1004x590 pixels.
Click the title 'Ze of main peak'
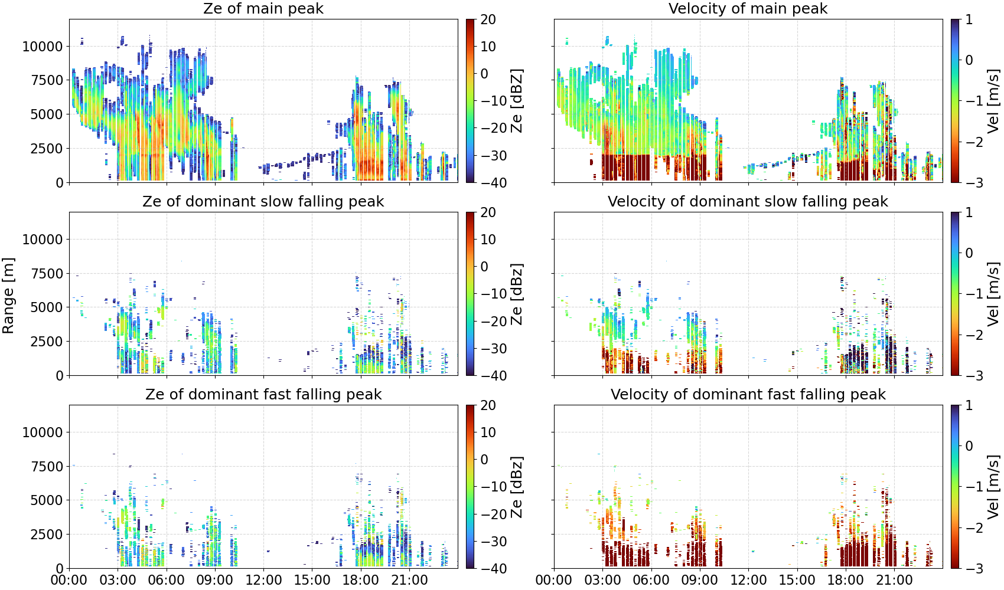click(263, 8)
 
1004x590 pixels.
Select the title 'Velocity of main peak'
click(748, 8)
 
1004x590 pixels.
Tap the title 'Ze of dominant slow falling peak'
click(263, 201)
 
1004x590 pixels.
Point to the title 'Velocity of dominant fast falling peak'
click(748, 394)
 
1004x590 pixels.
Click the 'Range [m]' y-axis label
click(8, 296)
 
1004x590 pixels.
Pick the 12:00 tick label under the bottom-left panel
click(263, 580)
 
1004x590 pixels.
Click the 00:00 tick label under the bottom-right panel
click(554, 580)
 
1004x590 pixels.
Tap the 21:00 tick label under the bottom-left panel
click(409, 580)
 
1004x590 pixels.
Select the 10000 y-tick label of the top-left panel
click(43, 47)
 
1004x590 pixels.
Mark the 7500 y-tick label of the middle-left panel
click(47, 274)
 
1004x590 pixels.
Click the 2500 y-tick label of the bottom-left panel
click(47, 534)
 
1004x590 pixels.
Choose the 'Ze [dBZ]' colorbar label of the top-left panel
click(517, 101)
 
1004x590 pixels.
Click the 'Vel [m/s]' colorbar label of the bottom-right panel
click(993, 487)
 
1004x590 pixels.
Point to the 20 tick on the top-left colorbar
click(488, 19)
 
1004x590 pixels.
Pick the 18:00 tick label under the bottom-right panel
click(845, 580)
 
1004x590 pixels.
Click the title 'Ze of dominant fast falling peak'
click(263, 394)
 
